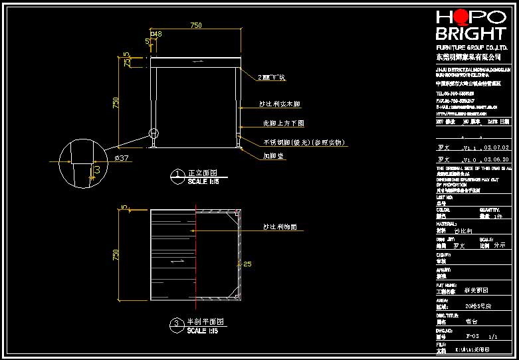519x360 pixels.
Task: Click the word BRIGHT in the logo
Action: tap(470, 35)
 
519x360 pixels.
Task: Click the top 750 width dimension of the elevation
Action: tap(196, 25)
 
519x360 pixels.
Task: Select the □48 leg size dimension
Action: tap(156, 33)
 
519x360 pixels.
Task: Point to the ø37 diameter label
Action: tap(122, 157)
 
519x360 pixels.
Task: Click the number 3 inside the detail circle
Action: tap(98, 170)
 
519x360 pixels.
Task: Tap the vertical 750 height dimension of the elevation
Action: tap(116, 103)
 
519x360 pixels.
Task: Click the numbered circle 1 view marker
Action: tap(178, 175)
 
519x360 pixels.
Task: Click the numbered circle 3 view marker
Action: tap(177, 325)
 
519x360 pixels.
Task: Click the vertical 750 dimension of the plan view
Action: tap(116, 255)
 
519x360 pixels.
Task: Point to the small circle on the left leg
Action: tap(154, 132)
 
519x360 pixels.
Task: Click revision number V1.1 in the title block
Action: tap(469, 147)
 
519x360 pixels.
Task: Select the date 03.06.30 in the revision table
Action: tap(496, 160)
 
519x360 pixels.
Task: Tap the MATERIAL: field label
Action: tap(446, 224)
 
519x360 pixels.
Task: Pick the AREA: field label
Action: tap(442, 300)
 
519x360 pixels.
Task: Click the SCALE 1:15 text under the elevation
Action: tap(203, 181)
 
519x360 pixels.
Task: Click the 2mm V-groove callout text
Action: tap(271, 78)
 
